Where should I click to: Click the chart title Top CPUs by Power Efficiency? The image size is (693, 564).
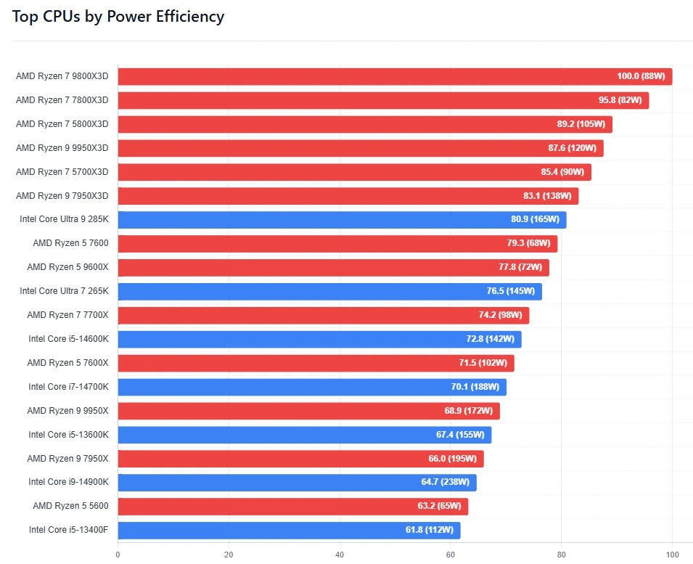[118, 16]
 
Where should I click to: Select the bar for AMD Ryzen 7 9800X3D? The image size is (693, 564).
[395, 76]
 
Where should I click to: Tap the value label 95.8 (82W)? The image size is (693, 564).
[620, 100]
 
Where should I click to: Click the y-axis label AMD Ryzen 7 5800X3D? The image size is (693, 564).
[62, 124]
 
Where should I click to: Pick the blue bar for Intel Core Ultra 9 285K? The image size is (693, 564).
[341, 219]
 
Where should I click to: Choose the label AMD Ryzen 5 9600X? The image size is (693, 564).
[67, 267]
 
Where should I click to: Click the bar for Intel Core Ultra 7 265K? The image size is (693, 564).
[329, 291]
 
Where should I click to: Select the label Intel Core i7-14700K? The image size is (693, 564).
[68, 387]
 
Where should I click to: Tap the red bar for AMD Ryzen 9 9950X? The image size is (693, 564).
[308, 411]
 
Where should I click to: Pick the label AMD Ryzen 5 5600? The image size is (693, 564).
[70, 506]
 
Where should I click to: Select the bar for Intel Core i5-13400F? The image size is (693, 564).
[289, 530]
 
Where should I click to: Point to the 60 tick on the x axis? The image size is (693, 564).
[450, 555]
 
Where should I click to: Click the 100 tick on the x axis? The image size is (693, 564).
[672, 555]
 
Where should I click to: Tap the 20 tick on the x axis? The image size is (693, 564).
[229, 555]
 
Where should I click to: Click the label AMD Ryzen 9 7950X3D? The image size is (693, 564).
[62, 196]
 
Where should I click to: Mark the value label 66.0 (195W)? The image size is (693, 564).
[452, 459]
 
